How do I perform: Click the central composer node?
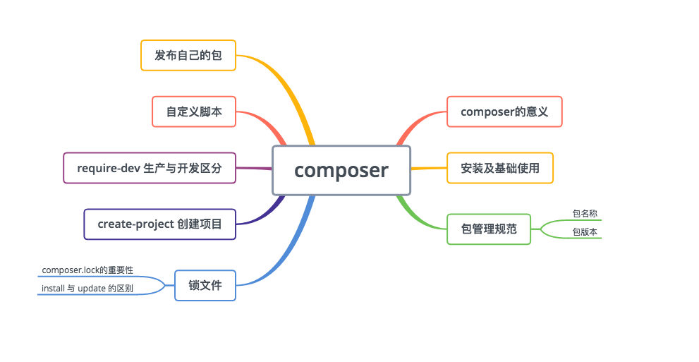[x=341, y=170]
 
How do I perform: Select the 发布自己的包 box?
[x=188, y=55]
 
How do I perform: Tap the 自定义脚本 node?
[x=194, y=111]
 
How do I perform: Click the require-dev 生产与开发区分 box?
[x=149, y=168]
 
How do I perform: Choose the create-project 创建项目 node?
[x=159, y=224]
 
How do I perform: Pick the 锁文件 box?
[x=205, y=285]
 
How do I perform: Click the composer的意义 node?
[x=504, y=111]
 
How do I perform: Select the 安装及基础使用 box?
[x=499, y=168]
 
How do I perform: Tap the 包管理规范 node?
[x=488, y=229]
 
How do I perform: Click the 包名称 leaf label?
[x=585, y=213]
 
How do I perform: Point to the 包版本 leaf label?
[x=585, y=231]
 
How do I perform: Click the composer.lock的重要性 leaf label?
[x=87, y=270]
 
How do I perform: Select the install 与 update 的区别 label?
[x=87, y=289]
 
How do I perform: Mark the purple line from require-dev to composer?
[x=254, y=168]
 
